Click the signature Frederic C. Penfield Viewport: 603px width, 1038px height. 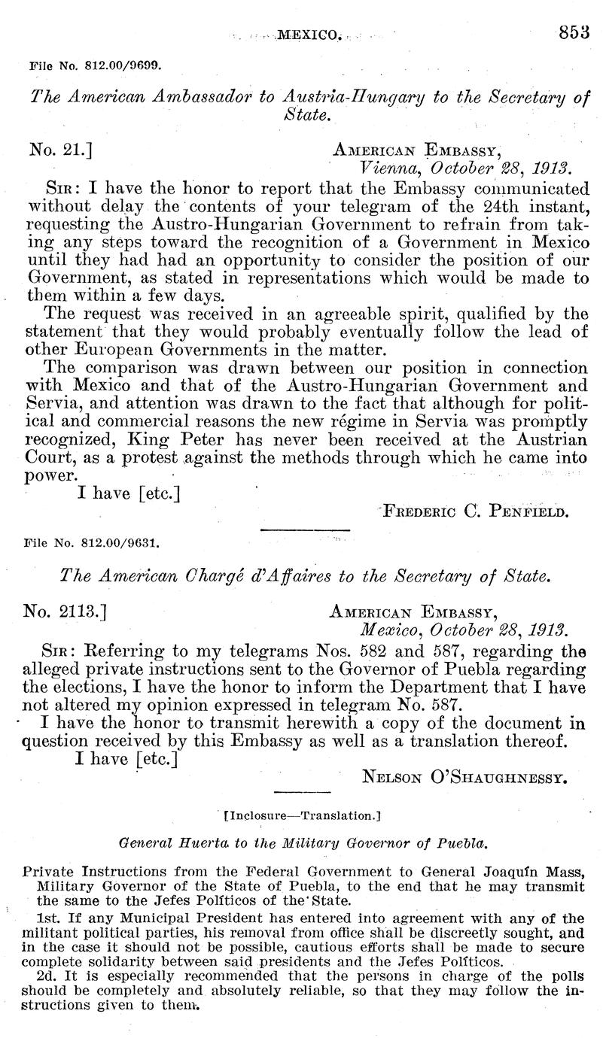(x=474, y=513)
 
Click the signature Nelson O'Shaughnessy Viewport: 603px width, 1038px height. (x=464, y=772)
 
